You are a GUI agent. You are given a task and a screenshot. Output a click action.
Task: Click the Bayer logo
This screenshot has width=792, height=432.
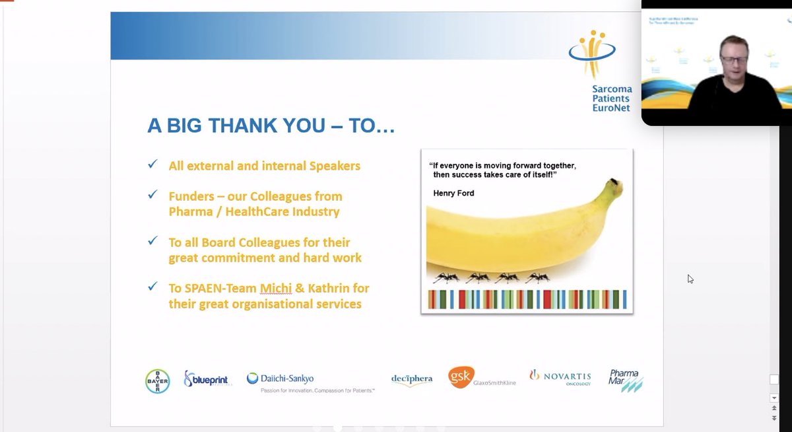[157, 381]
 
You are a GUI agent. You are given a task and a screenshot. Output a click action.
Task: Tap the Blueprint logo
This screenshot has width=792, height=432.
[206, 380]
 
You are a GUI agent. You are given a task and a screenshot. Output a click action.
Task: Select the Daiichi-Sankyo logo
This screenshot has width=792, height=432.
[280, 378]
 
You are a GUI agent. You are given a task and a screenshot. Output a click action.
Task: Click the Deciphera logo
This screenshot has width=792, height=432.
[411, 379]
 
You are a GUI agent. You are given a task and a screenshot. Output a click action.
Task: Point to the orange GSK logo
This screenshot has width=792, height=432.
[459, 378]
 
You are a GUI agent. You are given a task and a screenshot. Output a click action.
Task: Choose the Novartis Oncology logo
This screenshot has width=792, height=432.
[560, 377]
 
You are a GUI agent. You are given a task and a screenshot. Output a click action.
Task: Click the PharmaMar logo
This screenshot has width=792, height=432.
[625, 380]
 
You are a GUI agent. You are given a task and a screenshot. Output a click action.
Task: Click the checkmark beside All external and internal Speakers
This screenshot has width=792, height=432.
[152, 164]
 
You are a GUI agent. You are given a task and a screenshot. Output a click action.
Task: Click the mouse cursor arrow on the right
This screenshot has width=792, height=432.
[690, 278]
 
